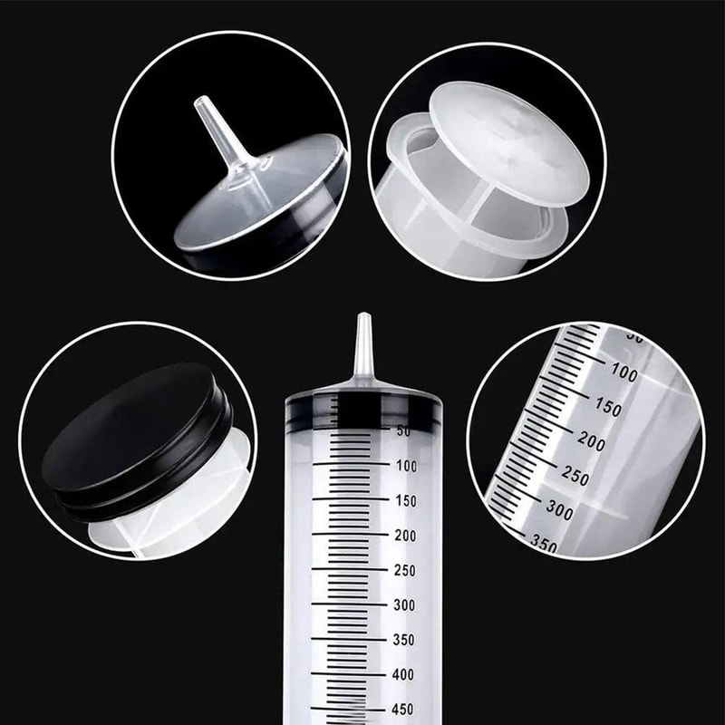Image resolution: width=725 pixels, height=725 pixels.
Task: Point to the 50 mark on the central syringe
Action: [403, 431]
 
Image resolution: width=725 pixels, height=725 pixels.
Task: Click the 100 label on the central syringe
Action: [405, 466]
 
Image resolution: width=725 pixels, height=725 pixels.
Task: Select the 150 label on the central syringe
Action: [405, 500]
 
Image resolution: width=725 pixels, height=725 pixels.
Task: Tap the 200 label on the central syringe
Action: [405, 536]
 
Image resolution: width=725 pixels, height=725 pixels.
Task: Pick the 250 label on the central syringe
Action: [405, 570]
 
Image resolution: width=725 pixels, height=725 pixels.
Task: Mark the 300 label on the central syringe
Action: [405, 604]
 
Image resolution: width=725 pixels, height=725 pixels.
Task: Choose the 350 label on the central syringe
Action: [405, 640]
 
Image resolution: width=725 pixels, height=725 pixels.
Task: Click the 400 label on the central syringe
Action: [405, 674]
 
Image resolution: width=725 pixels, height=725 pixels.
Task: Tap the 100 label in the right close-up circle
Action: [623, 372]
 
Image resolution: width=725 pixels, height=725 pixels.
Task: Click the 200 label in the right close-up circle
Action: [591, 441]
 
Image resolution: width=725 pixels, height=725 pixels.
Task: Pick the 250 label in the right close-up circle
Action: [575, 476]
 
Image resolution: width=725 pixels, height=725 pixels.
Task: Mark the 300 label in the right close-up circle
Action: [559, 510]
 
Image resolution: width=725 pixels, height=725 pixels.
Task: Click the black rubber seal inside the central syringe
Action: [362, 410]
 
